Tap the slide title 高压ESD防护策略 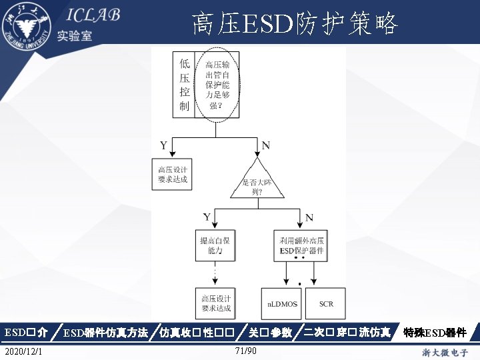[x=294, y=25]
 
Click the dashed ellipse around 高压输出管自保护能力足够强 [x=217, y=85]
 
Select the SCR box [x=326, y=304]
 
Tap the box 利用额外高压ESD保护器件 [x=300, y=245]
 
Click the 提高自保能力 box [x=215, y=245]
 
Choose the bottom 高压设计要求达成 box [x=215, y=303]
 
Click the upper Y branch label [x=163, y=145]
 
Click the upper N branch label [x=266, y=145]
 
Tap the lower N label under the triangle [x=309, y=217]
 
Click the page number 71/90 [x=246, y=351]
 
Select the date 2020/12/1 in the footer [x=22, y=351]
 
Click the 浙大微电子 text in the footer [x=445, y=351]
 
